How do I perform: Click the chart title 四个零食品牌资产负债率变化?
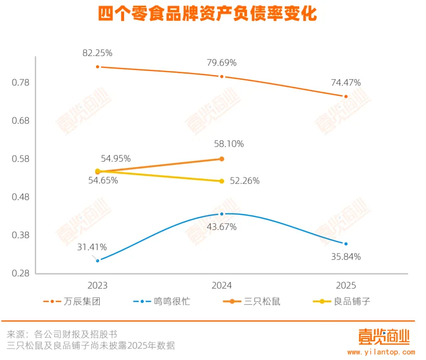pyautogui.click(x=208, y=14)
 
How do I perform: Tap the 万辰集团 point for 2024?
pyautogui.click(x=222, y=77)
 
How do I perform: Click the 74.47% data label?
pyautogui.click(x=346, y=82)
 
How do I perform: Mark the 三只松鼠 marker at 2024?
pyautogui.click(x=222, y=159)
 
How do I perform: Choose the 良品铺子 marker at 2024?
pyautogui.click(x=222, y=181)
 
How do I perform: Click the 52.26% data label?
pyautogui.click(x=245, y=181)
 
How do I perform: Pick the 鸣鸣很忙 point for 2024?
pyautogui.click(x=222, y=214)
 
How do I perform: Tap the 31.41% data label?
pyautogui.click(x=92, y=247)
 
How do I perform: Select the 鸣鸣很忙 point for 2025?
pyautogui.click(x=346, y=244)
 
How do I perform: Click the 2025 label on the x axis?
pyautogui.click(x=346, y=285)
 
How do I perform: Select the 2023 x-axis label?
pyautogui.click(x=98, y=285)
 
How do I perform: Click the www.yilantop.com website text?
pyautogui.click(x=381, y=353)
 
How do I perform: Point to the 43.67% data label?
pyautogui.click(x=222, y=227)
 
